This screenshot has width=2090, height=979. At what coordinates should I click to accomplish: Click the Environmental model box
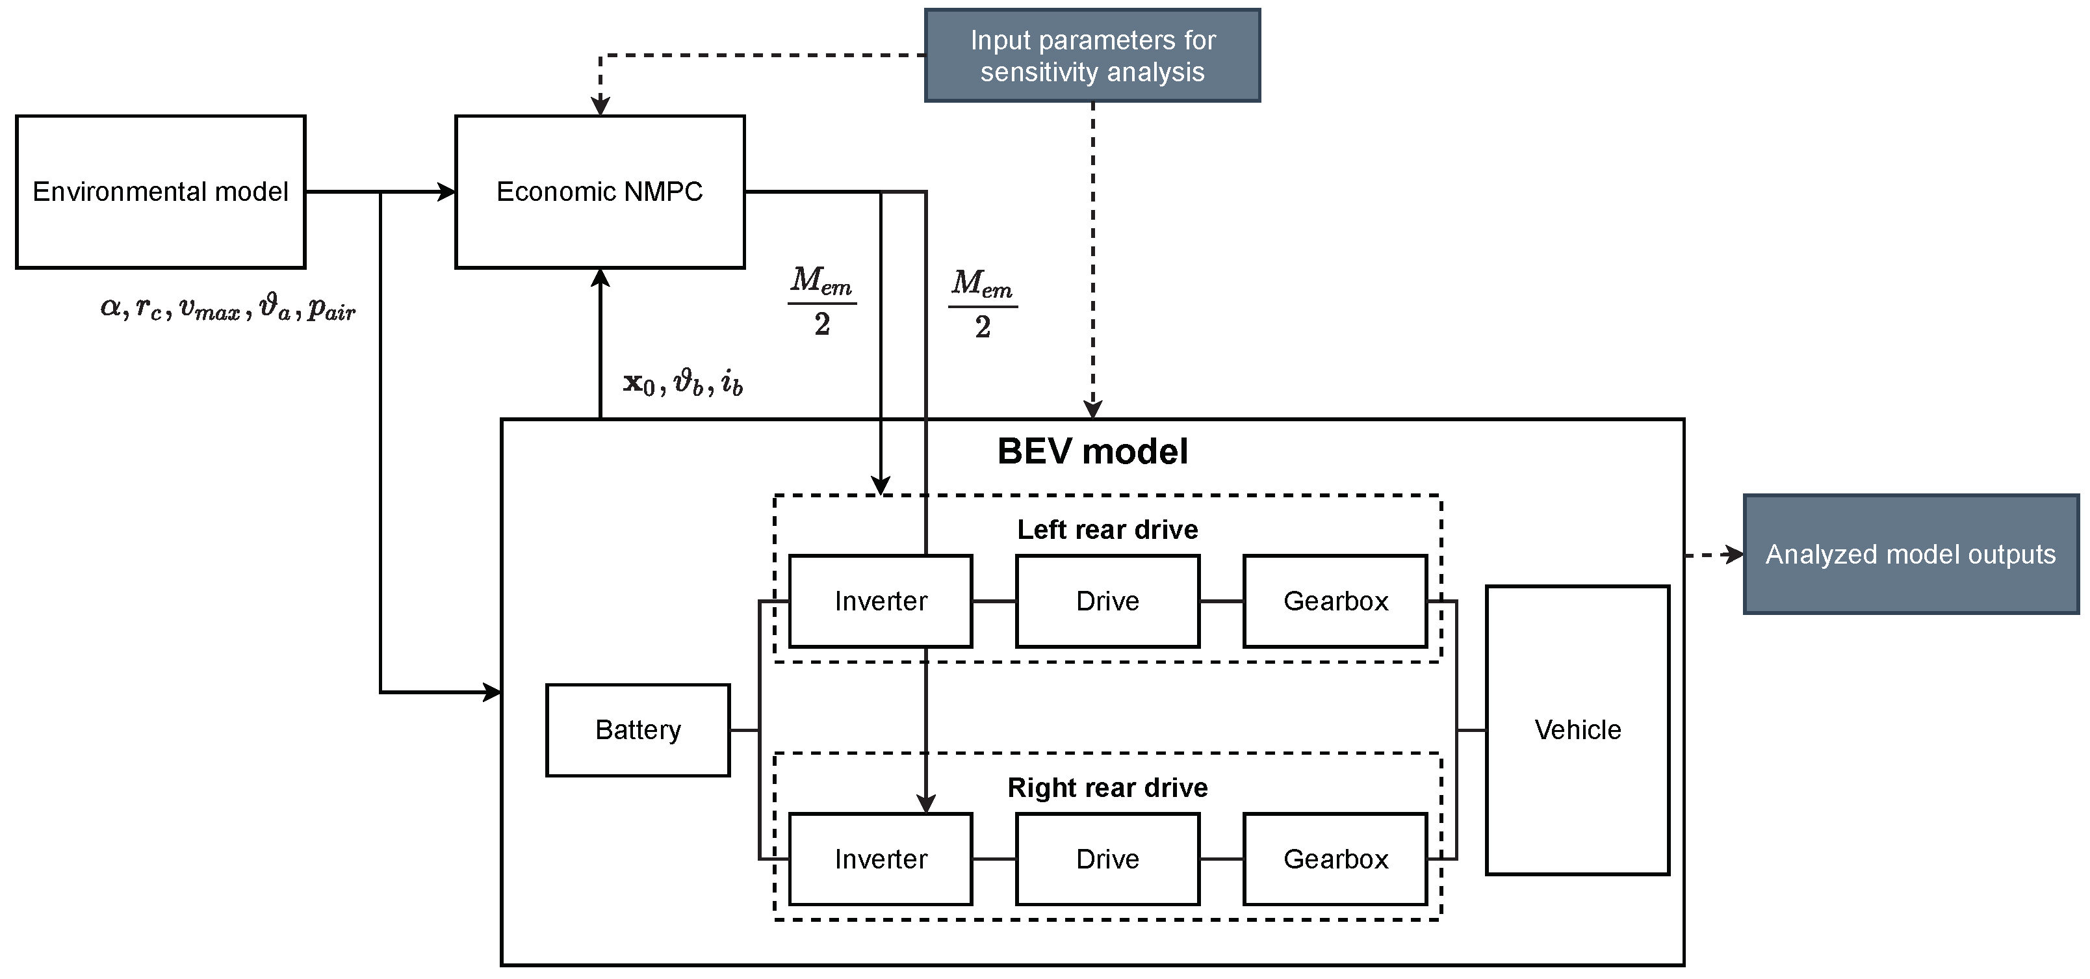161,192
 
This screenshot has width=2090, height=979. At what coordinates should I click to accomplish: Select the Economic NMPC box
600,192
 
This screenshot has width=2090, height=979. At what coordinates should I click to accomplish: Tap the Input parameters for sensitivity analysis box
1092,55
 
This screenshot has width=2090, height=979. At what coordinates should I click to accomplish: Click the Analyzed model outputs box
1910,555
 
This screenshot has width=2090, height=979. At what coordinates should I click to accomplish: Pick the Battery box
638,730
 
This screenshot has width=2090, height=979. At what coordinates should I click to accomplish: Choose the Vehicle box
1577,730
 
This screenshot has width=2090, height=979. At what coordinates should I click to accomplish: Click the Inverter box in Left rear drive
881,601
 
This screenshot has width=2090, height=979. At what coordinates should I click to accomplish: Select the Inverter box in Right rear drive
881,859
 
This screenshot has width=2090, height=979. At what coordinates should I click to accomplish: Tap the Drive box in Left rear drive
1107,601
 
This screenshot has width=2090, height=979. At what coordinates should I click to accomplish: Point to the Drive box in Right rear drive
1107,859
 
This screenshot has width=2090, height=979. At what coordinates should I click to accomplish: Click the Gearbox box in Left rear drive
1335,601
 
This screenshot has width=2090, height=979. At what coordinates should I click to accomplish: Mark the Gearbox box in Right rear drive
1335,859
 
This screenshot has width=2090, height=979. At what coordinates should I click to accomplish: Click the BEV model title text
1092,451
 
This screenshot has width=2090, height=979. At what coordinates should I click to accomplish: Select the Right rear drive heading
1107,787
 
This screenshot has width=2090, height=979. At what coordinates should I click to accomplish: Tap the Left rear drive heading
1107,529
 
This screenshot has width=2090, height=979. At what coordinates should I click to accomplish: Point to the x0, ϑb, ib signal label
683,382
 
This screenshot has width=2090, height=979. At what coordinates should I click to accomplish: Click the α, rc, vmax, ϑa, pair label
228,309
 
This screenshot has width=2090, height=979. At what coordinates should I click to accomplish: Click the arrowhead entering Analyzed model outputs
1735,555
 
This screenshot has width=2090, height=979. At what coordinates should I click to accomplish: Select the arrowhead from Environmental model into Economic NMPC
447,192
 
